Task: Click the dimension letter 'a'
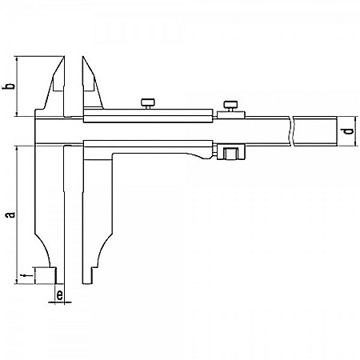pos(9,214)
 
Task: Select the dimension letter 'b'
pos(9,86)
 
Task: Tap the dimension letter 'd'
pos(346,131)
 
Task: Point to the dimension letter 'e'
pos(60,295)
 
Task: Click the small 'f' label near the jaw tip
pos(23,276)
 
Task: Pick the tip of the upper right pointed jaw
pos(82,58)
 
